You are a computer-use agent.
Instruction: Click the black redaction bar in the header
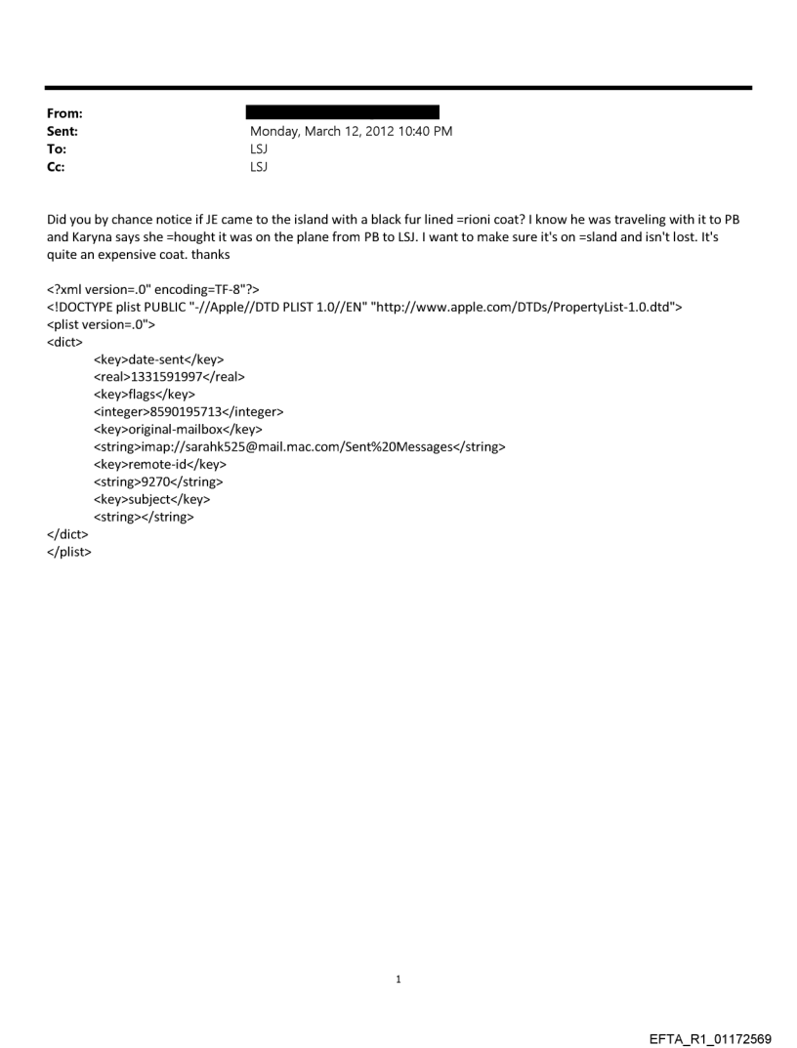tap(344, 113)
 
